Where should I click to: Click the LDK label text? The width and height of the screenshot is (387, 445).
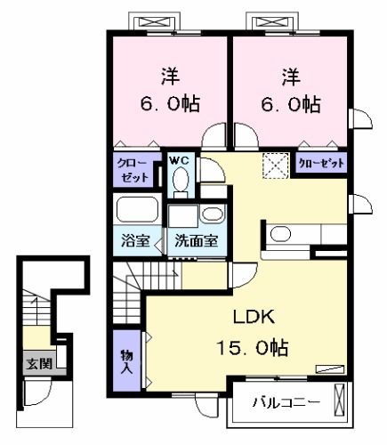(x=254, y=319)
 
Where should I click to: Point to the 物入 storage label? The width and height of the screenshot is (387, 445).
(x=126, y=360)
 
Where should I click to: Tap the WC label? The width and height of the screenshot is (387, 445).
(x=180, y=160)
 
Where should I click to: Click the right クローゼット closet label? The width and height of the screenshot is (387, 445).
(x=320, y=164)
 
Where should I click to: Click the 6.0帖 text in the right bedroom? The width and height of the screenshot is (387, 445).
(x=290, y=104)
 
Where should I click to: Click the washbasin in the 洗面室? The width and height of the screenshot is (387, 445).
(x=212, y=214)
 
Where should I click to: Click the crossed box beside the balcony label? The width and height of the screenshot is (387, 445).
(x=339, y=402)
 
